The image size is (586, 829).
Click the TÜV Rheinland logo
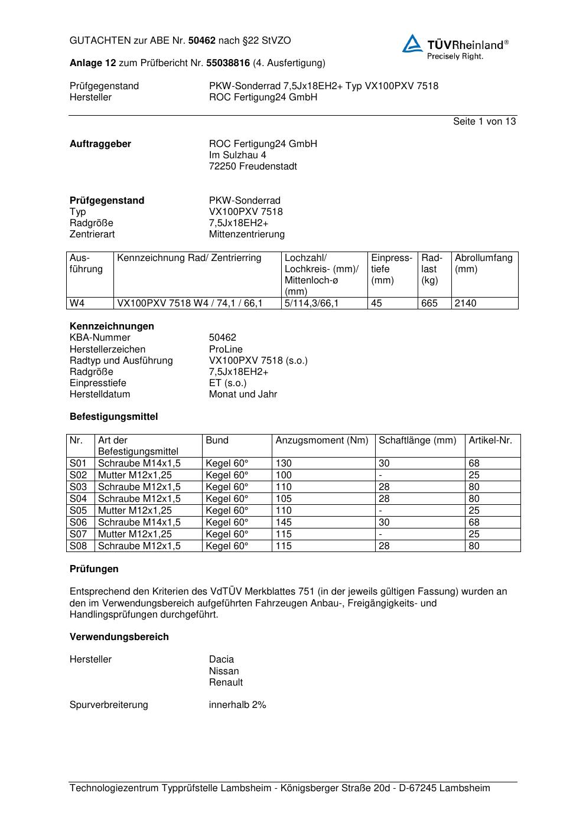click(455, 47)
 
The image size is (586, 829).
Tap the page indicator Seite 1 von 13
click(484, 122)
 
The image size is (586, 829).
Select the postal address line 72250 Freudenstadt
click(253, 167)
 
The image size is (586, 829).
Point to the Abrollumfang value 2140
click(465, 303)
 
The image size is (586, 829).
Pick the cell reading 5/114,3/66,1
click(311, 303)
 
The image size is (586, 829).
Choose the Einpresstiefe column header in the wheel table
click(391, 269)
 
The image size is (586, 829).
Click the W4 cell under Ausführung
click(77, 303)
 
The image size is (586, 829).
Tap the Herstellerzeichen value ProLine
click(226, 349)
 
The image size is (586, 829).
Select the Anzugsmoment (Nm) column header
click(321, 440)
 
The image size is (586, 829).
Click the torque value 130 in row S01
click(284, 464)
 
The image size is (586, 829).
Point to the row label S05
click(78, 511)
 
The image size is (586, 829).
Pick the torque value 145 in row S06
click(284, 523)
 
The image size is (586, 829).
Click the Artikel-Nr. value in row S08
click(474, 546)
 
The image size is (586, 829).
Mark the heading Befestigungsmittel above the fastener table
click(113, 417)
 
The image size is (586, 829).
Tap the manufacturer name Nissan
click(224, 671)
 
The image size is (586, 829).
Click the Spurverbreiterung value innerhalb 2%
click(237, 705)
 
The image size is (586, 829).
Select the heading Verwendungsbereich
click(119, 637)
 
